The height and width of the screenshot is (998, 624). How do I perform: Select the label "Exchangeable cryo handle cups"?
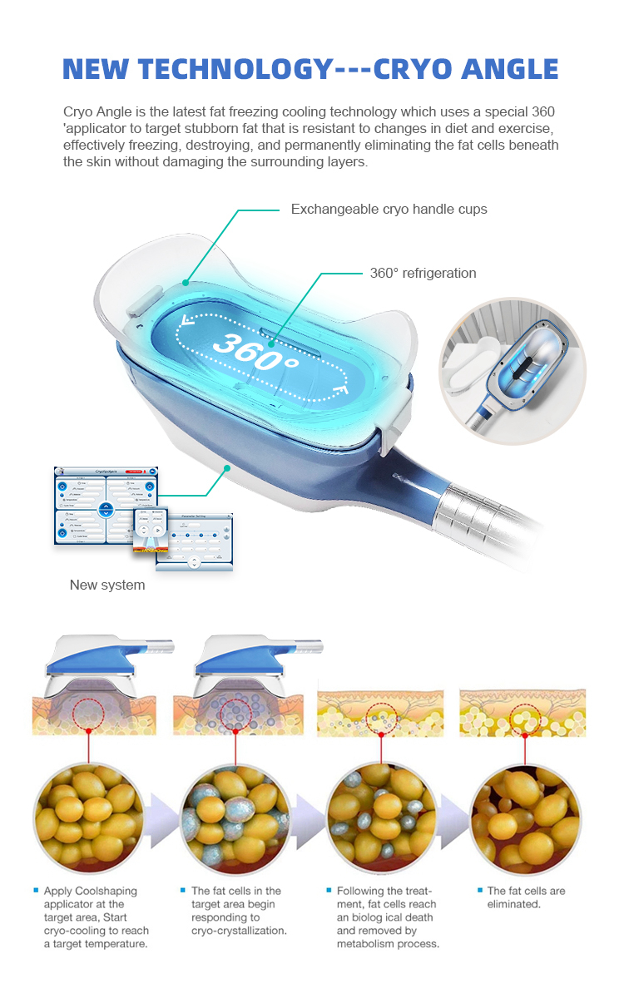(x=389, y=210)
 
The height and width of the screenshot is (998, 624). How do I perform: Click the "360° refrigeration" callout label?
(x=423, y=273)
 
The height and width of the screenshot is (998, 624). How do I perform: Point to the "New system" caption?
(x=107, y=585)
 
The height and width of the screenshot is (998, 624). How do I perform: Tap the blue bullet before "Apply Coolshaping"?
(x=36, y=891)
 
